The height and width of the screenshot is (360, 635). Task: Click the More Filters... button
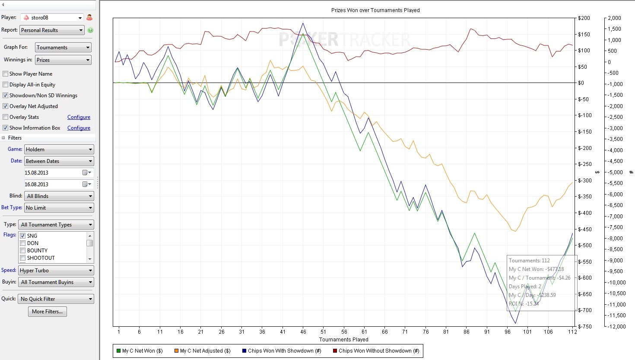[x=48, y=312]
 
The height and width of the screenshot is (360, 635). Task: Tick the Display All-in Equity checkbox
[x=6, y=85]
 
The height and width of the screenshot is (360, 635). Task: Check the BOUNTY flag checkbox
[x=23, y=251]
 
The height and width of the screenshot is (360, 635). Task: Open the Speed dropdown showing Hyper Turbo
[x=56, y=271]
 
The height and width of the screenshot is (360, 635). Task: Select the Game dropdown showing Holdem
[x=59, y=150]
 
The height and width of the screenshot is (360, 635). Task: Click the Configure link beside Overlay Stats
[x=79, y=117]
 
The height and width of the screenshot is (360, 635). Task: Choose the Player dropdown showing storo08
[x=52, y=18]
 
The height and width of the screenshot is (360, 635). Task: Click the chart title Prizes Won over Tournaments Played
[x=375, y=10]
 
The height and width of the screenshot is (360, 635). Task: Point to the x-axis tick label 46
[x=303, y=332]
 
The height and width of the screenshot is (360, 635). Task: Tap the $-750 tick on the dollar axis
[x=584, y=326]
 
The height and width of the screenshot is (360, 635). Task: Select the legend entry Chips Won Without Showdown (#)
[x=376, y=351]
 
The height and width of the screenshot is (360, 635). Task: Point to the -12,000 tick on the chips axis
[x=616, y=326]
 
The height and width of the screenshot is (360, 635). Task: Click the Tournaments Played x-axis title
[x=344, y=340]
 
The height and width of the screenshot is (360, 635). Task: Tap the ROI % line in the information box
[x=524, y=304]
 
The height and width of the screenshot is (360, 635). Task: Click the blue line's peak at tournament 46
[x=303, y=23]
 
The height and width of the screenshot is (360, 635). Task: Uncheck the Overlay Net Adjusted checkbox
[x=6, y=106]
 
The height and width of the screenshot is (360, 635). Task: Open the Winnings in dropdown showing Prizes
[x=63, y=60]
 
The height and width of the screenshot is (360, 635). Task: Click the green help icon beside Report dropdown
[x=90, y=30]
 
